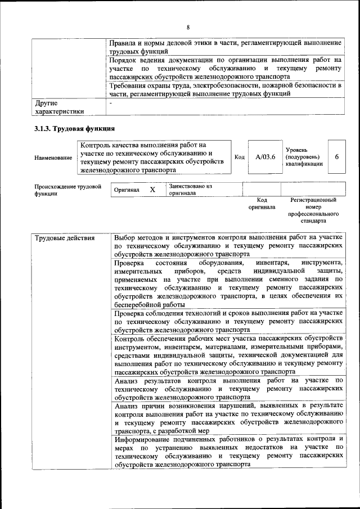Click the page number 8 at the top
click(x=188, y=28)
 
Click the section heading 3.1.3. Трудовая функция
click(x=70, y=129)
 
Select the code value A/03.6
click(x=265, y=157)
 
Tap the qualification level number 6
click(x=336, y=157)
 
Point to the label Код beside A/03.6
click(x=239, y=157)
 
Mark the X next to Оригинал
click(x=152, y=190)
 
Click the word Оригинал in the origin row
click(x=127, y=191)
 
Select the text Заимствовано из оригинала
click(x=190, y=190)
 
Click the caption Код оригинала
click(x=262, y=203)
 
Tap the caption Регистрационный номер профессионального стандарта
click(x=313, y=210)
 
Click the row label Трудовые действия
click(x=65, y=238)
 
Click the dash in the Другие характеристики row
click(x=111, y=103)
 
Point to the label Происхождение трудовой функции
click(x=67, y=190)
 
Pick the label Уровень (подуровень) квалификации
click(x=304, y=157)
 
